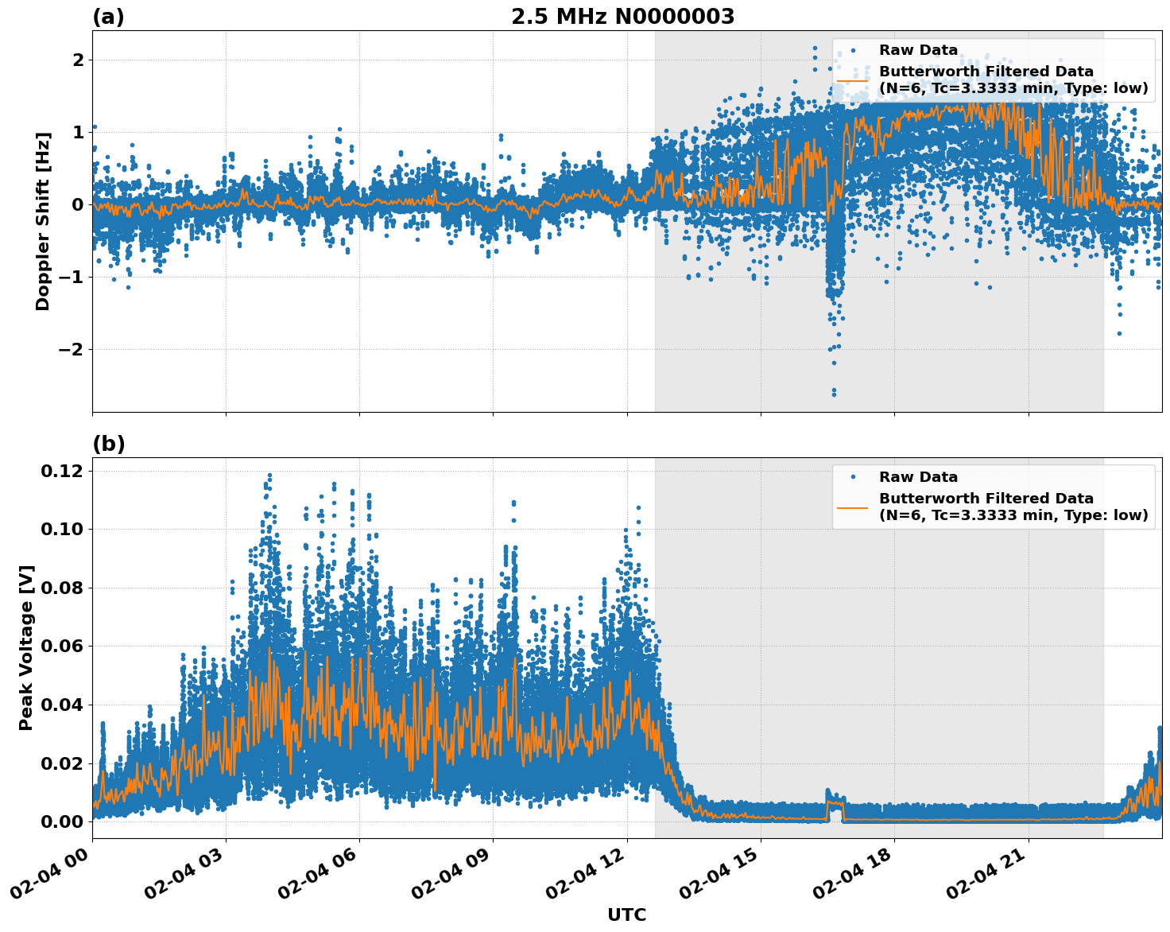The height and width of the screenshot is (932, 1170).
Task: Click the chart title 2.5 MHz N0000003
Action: pos(622,17)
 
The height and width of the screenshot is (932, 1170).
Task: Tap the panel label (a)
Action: pos(108,17)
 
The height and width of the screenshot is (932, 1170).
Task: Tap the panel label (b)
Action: pos(108,444)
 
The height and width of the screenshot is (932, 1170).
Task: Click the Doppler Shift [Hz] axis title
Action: pos(43,221)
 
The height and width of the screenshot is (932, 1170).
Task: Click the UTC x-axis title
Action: pos(626,915)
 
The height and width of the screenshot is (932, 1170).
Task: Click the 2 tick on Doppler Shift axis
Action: pos(78,60)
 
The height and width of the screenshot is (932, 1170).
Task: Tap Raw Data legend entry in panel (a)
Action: pos(918,50)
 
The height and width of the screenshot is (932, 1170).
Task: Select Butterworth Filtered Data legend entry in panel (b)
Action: pos(1013,507)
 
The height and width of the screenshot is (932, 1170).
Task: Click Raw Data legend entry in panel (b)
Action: pos(918,477)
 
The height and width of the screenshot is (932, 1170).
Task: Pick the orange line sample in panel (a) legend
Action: pos(853,80)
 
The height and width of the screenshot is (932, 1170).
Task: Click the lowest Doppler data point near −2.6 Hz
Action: pos(834,394)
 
